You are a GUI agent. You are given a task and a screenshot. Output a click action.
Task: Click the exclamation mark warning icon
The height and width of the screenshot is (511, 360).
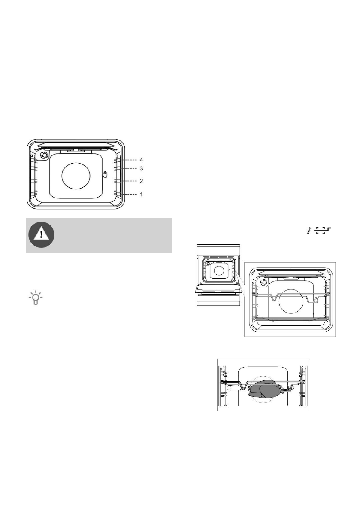[x=42, y=235]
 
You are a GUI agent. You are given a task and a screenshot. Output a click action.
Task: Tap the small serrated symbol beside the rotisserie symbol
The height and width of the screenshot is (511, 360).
[x=308, y=231]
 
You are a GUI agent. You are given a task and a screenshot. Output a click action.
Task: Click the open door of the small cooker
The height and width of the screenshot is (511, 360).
[x=217, y=290]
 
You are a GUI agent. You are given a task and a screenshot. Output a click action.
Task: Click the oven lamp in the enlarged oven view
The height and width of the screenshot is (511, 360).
[x=263, y=282]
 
